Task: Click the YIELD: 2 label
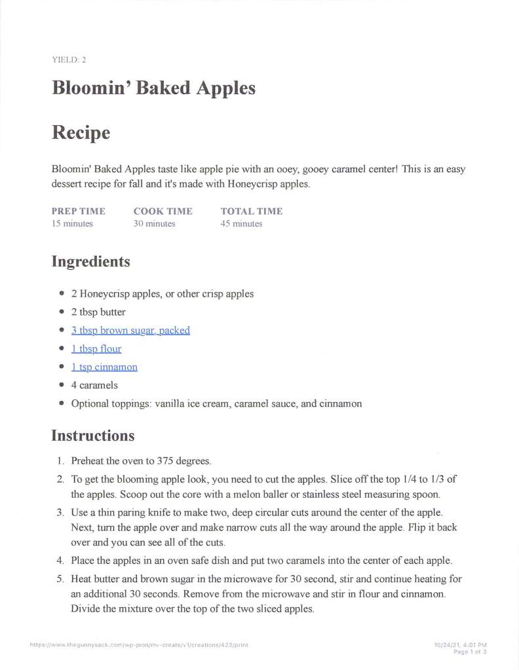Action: point(69,60)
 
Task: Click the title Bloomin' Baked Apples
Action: point(153,88)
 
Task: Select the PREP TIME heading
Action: point(78,211)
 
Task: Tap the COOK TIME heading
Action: point(163,211)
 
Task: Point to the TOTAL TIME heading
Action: point(252,211)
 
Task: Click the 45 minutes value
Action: point(241,223)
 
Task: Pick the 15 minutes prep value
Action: point(72,223)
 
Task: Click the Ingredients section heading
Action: point(90,262)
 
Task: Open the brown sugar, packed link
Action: point(130,330)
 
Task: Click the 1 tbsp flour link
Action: point(96,348)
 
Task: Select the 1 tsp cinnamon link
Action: point(104,367)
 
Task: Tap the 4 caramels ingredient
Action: point(94,385)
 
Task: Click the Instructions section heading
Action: point(93,436)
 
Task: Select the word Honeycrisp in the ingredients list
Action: point(104,293)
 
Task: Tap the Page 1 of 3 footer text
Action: point(470,652)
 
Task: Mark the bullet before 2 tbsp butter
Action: point(62,312)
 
